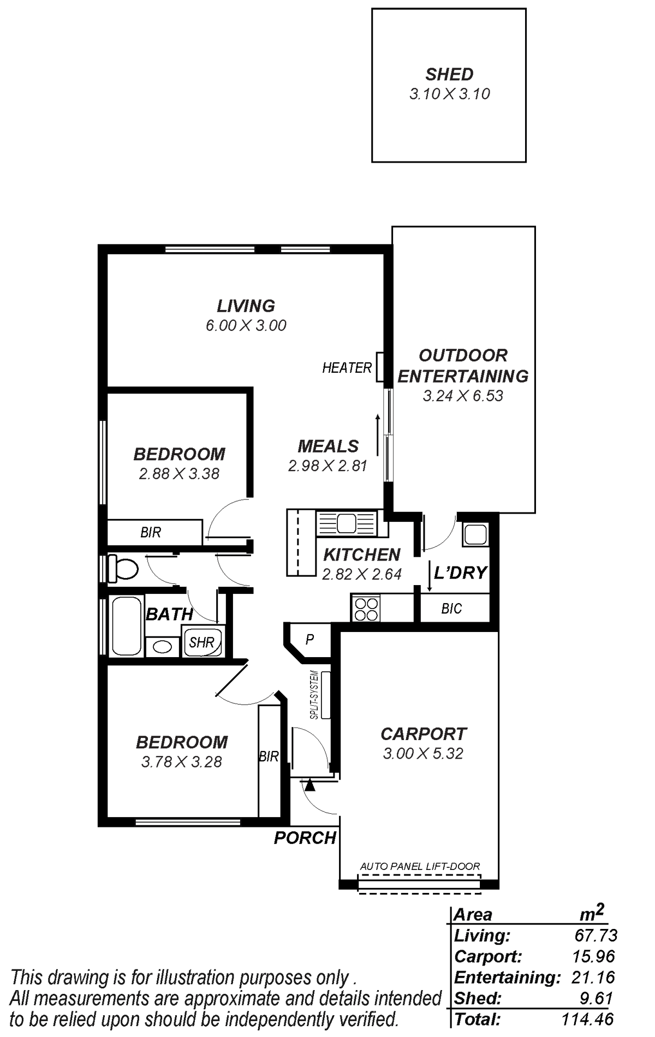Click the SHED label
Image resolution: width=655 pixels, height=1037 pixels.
(449, 74)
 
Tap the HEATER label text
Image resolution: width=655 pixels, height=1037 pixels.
(347, 368)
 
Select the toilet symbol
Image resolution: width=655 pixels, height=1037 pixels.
(122, 568)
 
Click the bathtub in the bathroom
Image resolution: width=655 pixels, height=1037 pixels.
(126, 627)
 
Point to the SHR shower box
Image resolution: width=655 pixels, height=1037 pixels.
(202, 641)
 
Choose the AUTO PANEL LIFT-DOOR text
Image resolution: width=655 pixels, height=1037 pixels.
(420, 866)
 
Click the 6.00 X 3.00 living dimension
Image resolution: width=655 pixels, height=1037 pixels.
(246, 325)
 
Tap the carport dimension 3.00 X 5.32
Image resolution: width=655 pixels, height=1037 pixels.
(423, 753)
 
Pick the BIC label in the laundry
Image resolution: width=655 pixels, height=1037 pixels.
(451, 609)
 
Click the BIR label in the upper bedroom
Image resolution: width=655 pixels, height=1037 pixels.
(151, 532)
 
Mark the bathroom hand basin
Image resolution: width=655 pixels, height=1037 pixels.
(162, 647)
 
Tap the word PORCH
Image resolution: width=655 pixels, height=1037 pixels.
(305, 838)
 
